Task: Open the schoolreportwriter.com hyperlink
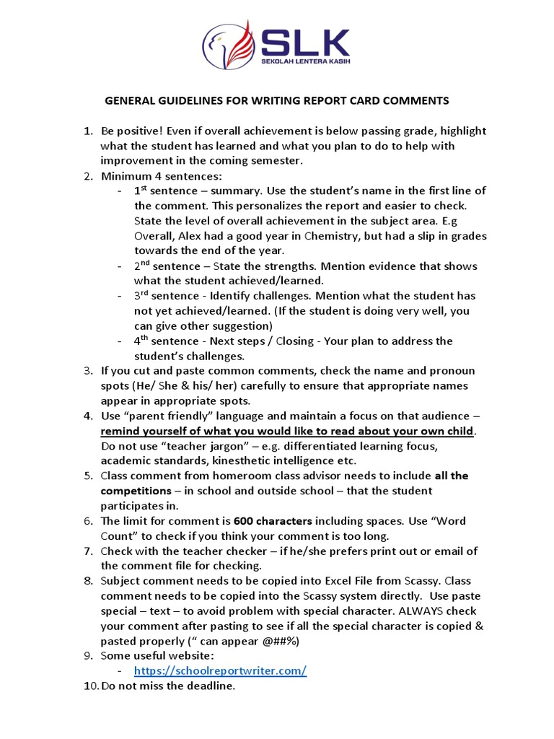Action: coord(220,671)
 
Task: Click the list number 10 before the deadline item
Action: coord(90,686)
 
